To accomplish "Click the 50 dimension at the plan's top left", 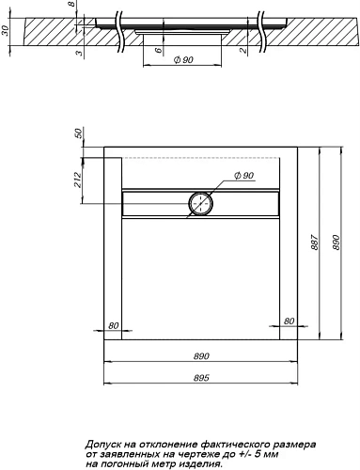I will coord(79,133).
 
